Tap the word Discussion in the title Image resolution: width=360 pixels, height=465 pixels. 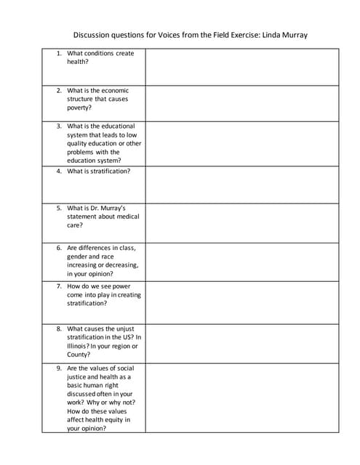pyautogui.click(x=92, y=35)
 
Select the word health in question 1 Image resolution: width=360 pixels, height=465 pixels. pyautogui.click(x=78, y=62)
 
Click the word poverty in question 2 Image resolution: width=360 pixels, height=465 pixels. pyautogui.click(x=80, y=108)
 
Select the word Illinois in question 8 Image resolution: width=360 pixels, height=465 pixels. pyautogui.click(x=79, y=346)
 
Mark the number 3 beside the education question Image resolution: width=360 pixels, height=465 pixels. pyautogui.click(x=59, y=126)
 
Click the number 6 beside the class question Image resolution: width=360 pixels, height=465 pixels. pyautogui.click(x=59, y=248)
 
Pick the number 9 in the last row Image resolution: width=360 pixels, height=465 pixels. pyautogui.click(x=59, y=368)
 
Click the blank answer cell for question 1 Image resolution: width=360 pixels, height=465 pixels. pyautogui.click(x=241, y=67)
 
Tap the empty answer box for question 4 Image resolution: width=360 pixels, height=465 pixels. pyautogui.click(x=241, y=185)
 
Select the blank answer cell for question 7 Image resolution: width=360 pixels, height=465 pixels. pyautogui.click(x=241, y=302)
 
